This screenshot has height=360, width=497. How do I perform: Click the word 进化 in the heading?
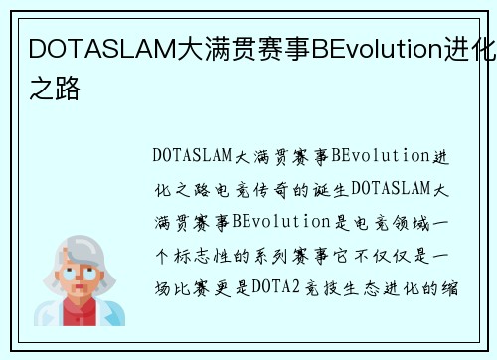[469, 49]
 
